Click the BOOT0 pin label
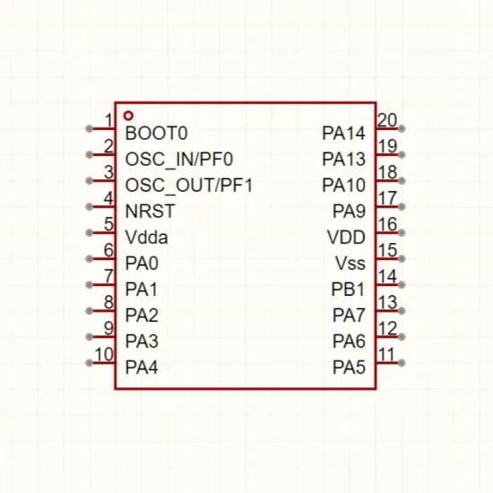click(156, 133)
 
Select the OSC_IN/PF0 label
click(179, 160)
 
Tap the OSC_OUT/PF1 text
click(189, 186)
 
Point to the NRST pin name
click(150, 212)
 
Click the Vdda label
click(146, 238)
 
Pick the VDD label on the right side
click(346, 238)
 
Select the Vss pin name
click(350, 264)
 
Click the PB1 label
click(348, 290)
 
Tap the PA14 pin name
click(343, 133)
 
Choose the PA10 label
click(343, 186)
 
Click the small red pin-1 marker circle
click(128, 116)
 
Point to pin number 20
click(387, 120)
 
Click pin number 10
click(104, 354)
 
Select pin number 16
click(387, 224)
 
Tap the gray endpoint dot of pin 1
click(90, 128)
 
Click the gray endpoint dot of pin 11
click(402, 363)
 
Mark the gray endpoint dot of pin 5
click(90, 233)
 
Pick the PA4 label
click(142, 368)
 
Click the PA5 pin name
click(349, 368)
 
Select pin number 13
click(387, 302)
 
